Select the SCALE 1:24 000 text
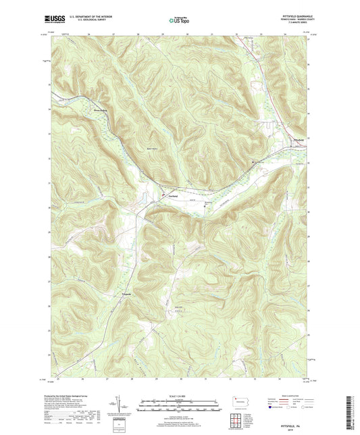[x=179, y=396]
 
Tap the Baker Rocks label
[x=153, y=149]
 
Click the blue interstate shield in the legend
[x=272, y=408]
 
